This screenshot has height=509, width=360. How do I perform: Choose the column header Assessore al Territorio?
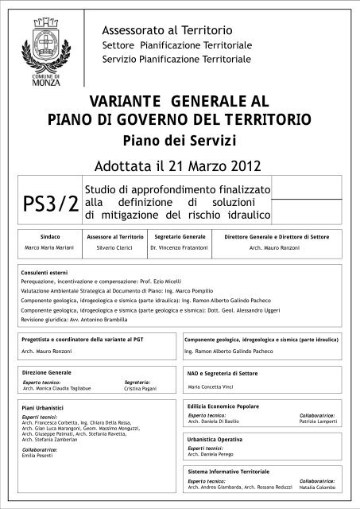tap(113, 238)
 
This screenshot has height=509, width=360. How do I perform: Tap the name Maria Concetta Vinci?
tap(213, 387)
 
